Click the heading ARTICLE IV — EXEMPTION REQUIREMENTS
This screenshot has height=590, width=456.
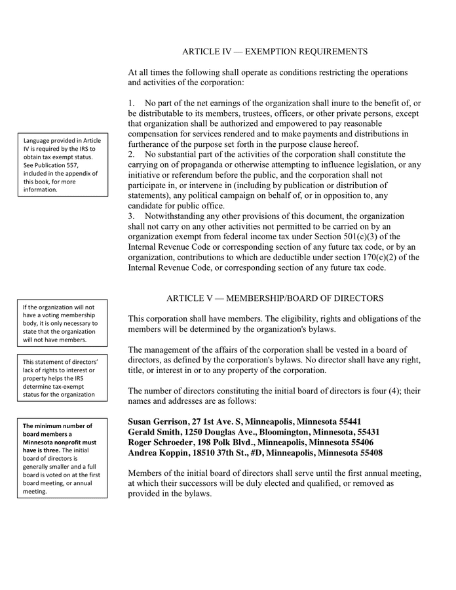point(275,51)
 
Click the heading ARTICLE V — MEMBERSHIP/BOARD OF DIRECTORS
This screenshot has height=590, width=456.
point(275,298)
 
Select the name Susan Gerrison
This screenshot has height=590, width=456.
point(157,422)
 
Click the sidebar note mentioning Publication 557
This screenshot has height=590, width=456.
point(64,165)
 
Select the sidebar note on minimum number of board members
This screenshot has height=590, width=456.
point(64,458)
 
